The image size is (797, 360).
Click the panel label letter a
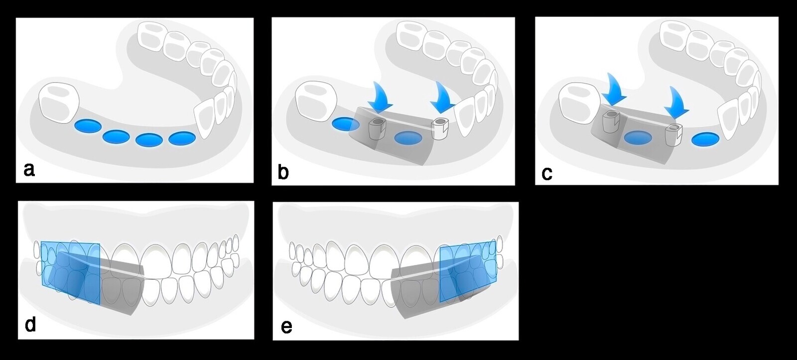click(x=29, y=170)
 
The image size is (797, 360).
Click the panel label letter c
click(x=546, y=173)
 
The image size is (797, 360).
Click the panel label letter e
click(x=286, y=327)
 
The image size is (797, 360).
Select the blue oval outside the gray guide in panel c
click(x=704, y=139)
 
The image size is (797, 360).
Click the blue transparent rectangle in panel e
click(x=467, y=272)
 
